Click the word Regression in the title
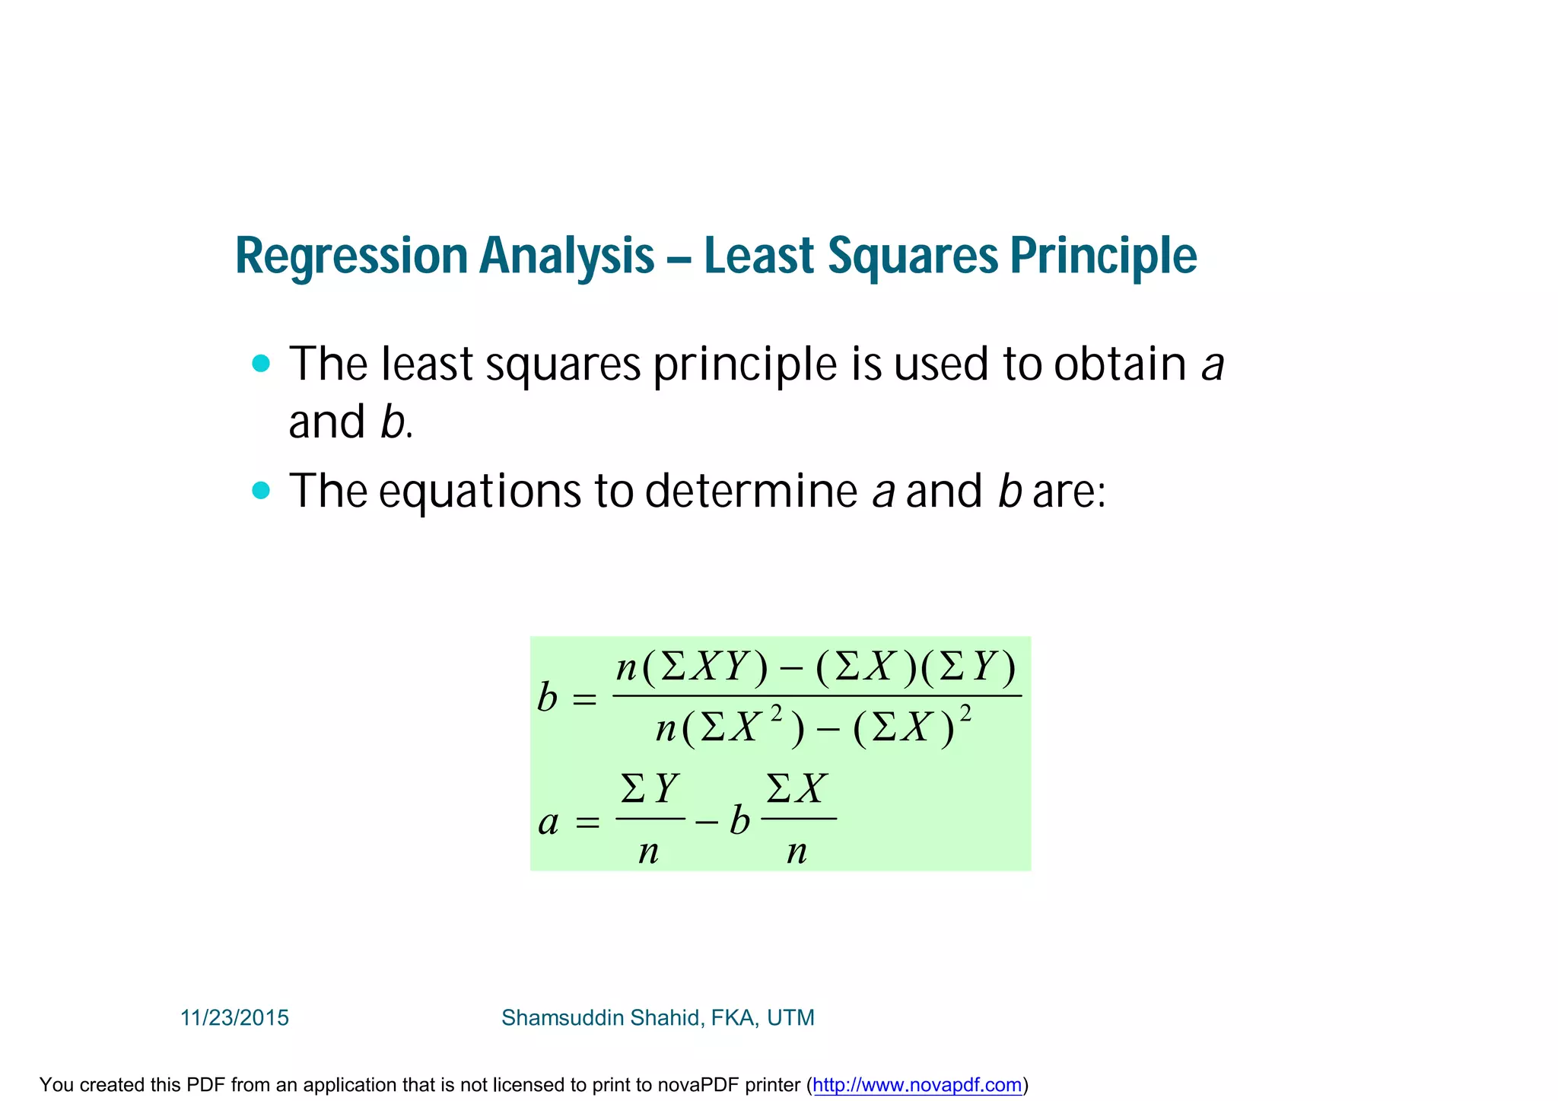tap(350, 256)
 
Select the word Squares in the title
tap(912, 256)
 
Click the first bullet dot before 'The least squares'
tap(261, 364)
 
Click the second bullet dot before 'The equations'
tap(261, 491)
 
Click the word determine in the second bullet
tap(751, 491)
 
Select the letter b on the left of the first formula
tap(547, 697)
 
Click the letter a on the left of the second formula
tap(548, 823)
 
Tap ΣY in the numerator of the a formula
tap(649, 788)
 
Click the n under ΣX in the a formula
tap(796, 851)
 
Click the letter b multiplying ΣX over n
tap(739, 821)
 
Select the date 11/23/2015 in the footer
tap(234, 1018)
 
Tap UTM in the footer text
tap(790, 1018)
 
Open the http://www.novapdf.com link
tap(917, 1085)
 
